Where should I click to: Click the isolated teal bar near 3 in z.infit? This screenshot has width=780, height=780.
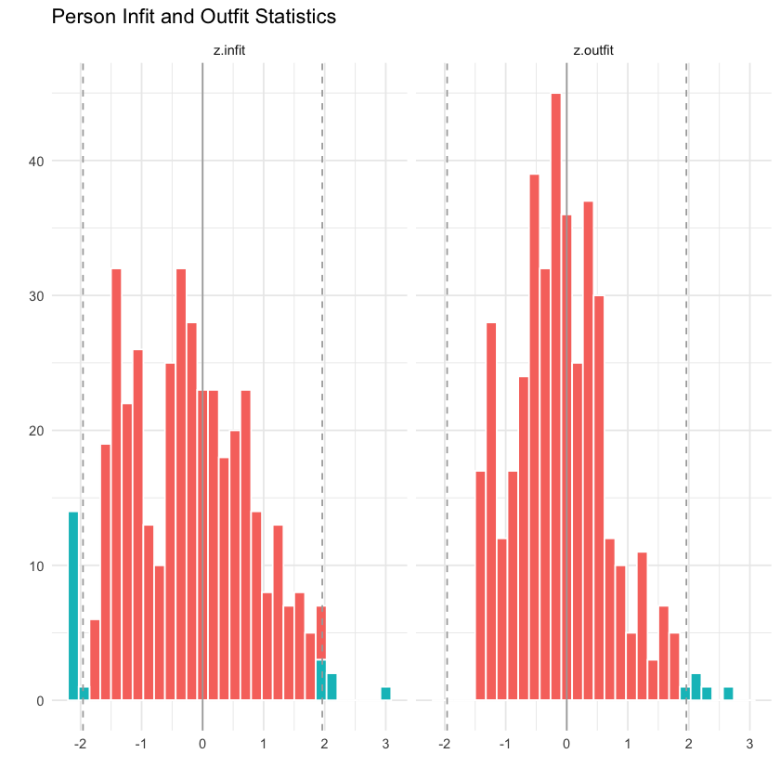[x=385, y=694]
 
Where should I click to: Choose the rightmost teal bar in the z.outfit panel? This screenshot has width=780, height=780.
[x=729, y=694]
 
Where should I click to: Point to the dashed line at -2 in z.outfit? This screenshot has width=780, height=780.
[x=447, y=371]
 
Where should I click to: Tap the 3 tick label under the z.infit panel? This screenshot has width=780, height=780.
[x=385, y=718]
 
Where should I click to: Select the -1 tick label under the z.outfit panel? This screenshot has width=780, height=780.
[x=504, y=718]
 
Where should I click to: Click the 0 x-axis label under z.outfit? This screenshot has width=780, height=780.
[x=566, y=718]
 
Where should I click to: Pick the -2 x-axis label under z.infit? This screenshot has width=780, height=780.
[x=81, y=718]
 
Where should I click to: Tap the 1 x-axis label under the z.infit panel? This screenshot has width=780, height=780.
[x=264, y=718]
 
